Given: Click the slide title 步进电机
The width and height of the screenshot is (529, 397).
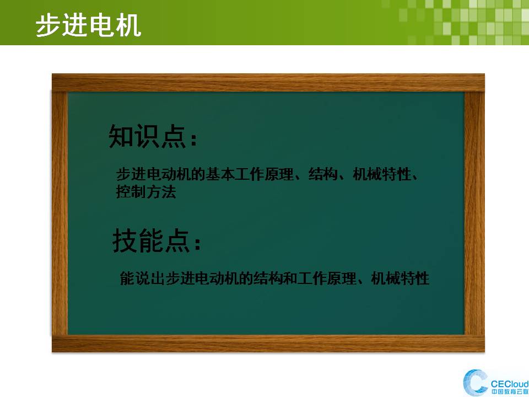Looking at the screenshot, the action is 88,25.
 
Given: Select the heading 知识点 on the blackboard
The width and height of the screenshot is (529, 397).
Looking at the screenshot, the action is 148,136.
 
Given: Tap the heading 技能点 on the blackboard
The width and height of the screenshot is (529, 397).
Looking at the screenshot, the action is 151,240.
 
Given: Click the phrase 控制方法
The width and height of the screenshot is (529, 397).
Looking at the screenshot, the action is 146,192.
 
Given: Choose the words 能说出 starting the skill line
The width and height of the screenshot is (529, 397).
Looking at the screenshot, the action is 142,278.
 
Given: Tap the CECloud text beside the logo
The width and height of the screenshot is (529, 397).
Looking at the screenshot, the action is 509,384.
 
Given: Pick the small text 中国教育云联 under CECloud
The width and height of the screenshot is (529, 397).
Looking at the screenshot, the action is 510,392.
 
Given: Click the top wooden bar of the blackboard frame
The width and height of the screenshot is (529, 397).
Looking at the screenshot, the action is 268,83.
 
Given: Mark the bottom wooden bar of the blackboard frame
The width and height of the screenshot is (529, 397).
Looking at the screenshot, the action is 268,344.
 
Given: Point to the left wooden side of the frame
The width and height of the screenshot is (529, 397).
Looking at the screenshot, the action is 60,213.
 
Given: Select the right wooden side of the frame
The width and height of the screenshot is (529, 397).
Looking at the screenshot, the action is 474,213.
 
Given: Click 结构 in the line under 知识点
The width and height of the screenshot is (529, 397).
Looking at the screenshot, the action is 323,174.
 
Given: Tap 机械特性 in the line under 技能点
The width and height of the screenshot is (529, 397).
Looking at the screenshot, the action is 400,278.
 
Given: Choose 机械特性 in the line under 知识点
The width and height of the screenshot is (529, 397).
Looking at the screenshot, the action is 382,174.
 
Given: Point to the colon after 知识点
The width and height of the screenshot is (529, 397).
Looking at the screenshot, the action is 193,139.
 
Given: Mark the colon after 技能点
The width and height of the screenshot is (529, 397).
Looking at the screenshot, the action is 197,243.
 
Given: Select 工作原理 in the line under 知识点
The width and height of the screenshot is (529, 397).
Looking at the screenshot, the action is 264,174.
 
